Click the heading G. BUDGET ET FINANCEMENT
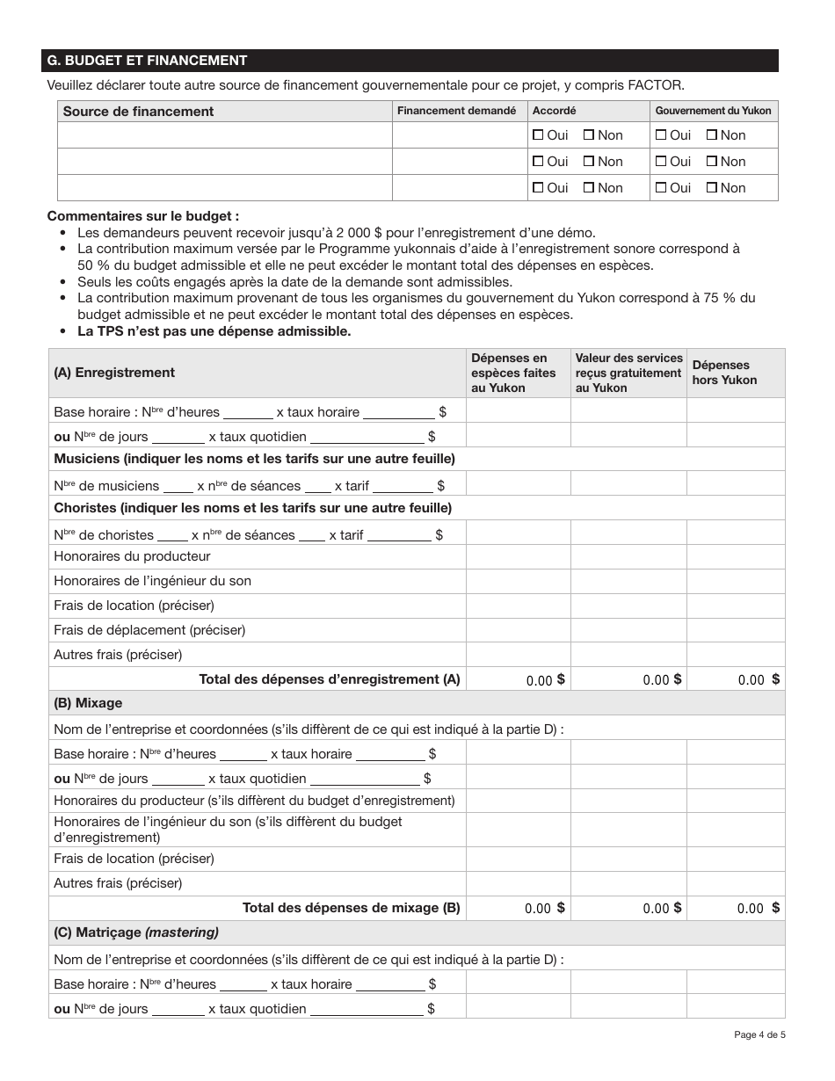click(147, 61)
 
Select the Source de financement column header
click(138, 111)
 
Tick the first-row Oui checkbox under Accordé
click(539, 135)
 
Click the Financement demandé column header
click(457, 111)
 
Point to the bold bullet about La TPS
click(214, 331)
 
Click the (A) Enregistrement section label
click(114, 373)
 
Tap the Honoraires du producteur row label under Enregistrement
click(132, 556)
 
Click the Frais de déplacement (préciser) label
click(149, 630)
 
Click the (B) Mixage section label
click(88, 703)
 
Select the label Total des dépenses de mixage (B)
click(351, 909)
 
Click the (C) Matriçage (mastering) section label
click(136, 932)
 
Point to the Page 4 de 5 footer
click(759, 1034)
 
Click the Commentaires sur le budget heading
click(142, 216)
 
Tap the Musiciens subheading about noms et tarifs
click(254, 459)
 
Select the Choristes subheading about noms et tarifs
click(252, 508)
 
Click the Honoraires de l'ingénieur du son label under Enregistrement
click(152, 581)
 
